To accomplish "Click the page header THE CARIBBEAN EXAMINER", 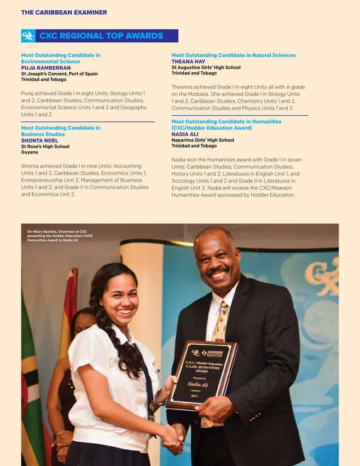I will click(x=64, y=12).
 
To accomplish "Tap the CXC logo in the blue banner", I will click(x=28, y=36).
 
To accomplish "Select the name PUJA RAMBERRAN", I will click(x=46, y=67).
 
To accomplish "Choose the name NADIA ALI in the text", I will click(x=186, y=134).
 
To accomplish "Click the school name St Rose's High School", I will click(x=45, y=147).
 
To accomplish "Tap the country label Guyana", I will click(x=29, y=152).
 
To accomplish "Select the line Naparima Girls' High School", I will click(x=203, y=140).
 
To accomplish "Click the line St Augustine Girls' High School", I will click(x=206, y=67).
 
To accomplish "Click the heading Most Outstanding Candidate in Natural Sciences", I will click(x=233, y=55).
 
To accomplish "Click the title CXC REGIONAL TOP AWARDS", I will click(x=101, y=36).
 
